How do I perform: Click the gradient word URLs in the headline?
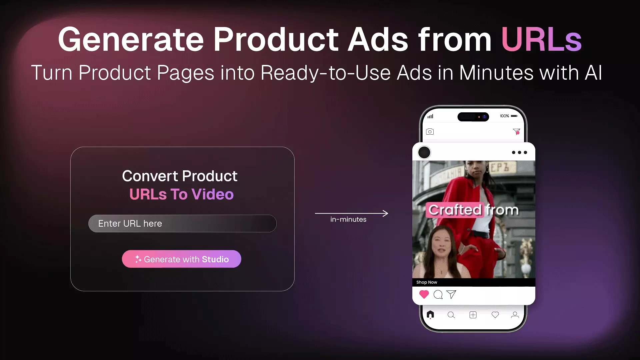click(541, 39)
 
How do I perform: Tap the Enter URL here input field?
click(182, 223)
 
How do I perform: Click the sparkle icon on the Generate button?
click(138, 259)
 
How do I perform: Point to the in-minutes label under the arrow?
click(348, 219)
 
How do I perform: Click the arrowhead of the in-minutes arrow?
click(386, 213)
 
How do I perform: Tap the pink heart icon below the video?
click(424, 294)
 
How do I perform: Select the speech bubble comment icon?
click(438, 295)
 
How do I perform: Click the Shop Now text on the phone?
click(427, 282)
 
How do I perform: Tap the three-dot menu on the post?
click(519, 152)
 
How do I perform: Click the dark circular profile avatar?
click(424, 152)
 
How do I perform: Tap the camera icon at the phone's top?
click(430, 132)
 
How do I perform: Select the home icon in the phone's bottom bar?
click(430, 314)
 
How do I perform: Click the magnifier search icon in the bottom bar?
click(451, 315)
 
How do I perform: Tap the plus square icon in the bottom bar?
click(473, 315)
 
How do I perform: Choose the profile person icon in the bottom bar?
click(515, 315)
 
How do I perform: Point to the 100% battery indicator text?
click(504, 116)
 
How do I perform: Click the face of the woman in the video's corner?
click(441, 246)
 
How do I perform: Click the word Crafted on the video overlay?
click(455, 210)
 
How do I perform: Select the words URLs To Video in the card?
click(181, 194)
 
